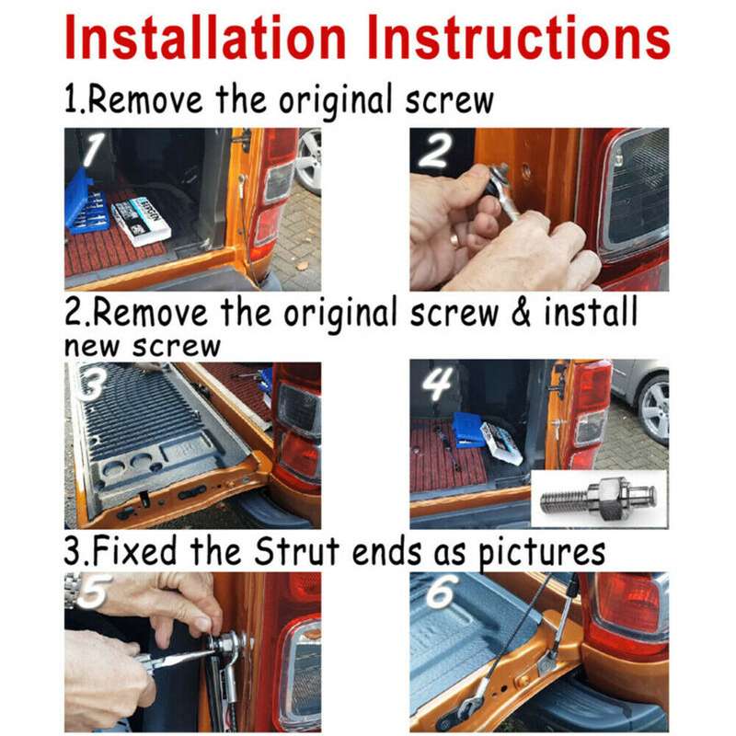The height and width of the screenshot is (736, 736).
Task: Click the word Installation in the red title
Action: [x=205, y=37]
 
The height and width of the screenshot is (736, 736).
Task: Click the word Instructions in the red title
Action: [x=519, y=37]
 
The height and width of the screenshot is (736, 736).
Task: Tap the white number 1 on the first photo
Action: [x=93, y=148]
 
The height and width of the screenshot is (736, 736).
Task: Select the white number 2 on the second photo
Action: [x=436, y=151]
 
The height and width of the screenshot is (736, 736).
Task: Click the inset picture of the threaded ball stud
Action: [x=600, y=499]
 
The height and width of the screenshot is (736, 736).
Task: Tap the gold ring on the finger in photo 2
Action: [x=455, y=240]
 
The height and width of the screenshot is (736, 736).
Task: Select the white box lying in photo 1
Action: [x=141, y=221]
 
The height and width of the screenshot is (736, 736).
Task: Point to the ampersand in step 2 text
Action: [x=520, y=313]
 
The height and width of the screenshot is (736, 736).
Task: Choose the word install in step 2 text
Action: [x=591, y=311]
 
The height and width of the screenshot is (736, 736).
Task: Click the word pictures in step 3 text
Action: [x=542, y=554]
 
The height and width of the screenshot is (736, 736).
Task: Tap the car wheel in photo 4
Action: [x=653, y=409]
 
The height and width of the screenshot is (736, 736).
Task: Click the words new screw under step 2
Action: [x=143, y=348]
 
